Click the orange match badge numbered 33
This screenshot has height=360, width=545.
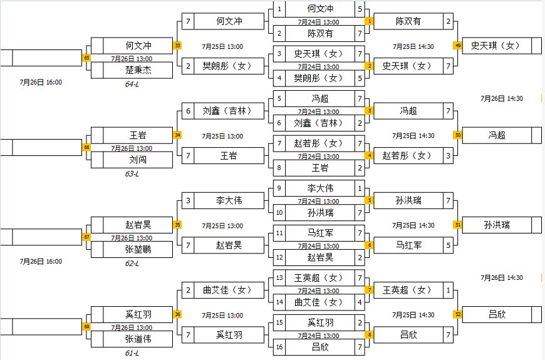coord(177,45)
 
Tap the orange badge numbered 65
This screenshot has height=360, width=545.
coord(86,58)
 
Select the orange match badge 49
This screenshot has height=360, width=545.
coord(458,45)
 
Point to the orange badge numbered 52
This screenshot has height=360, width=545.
coord(458,314)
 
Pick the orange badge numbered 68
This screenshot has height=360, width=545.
coord(86,326)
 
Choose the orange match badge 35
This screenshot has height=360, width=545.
coord(177,225)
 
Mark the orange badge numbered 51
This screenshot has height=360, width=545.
coord(458,225)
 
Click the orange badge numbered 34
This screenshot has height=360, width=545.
coord(177,135)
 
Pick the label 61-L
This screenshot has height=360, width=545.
coord(132,353)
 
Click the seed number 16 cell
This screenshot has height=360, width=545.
coord(279,346)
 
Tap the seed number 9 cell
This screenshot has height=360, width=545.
coord(279,188)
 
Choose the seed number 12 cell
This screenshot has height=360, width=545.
coord(279,257)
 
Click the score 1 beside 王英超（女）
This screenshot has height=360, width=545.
coord(448,290)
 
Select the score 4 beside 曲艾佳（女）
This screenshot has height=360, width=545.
coord(359,302)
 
